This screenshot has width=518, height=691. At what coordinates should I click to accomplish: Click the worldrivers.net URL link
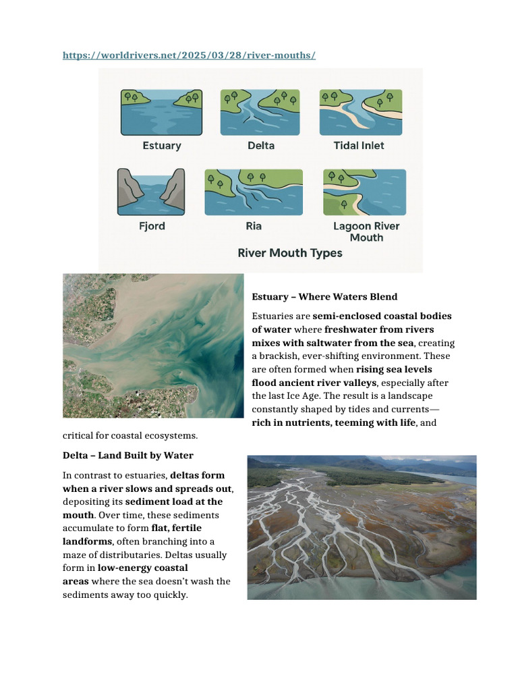click(x=189, y=55)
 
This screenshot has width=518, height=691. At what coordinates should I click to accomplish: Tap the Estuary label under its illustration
click(x=162, y=145)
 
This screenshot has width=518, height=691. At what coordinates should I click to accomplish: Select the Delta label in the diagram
click(x=261, y=145)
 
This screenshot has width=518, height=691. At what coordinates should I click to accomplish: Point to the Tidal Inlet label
click(x=359, y=145)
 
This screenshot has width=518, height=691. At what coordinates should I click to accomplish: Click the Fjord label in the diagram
click(x=152, y=226)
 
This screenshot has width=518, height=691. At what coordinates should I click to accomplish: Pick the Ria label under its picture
click(x=254, y=226)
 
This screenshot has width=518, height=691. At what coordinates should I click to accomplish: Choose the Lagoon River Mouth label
click(x=366, y=231)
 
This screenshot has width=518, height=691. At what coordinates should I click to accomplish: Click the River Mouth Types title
click(x=290, y=254)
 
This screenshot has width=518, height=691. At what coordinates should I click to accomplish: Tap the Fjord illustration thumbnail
click(x=152, y=192)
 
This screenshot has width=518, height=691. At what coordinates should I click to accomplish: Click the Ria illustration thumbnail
click(x=254, y=192)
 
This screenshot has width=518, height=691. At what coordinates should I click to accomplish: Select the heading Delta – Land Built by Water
click(x=127, y=455)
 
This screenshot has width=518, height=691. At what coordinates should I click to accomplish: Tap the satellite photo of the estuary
click(x=153, y=345)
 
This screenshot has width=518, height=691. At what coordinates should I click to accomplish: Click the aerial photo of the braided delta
click(x=362, y=527)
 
